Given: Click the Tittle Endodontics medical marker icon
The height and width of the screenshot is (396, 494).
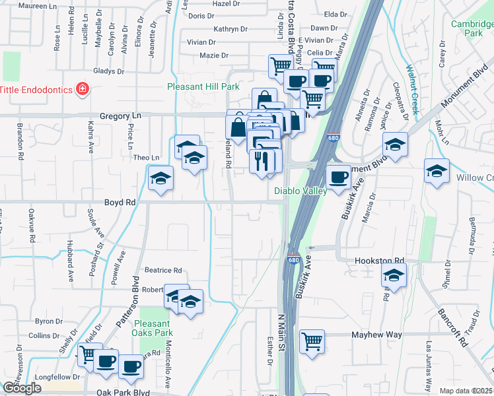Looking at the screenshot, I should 82,89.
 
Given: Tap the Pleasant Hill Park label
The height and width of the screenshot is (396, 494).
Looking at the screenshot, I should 203,86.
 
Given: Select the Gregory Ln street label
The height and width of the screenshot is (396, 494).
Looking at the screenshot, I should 121,115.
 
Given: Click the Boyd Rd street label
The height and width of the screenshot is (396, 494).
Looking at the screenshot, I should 120,203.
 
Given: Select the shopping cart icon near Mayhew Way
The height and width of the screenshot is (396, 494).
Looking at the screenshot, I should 312,341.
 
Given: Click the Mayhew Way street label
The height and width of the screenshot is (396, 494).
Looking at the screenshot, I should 376,335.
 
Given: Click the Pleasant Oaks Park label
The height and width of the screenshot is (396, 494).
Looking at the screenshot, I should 152,328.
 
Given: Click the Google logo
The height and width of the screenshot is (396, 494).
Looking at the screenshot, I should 22,388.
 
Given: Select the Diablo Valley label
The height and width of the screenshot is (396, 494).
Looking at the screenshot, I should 300,191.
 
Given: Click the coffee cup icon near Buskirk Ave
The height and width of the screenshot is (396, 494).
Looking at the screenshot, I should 339,177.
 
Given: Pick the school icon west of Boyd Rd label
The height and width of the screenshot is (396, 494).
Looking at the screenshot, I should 160,178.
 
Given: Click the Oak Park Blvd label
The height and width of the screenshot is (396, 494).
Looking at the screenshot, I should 123,392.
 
